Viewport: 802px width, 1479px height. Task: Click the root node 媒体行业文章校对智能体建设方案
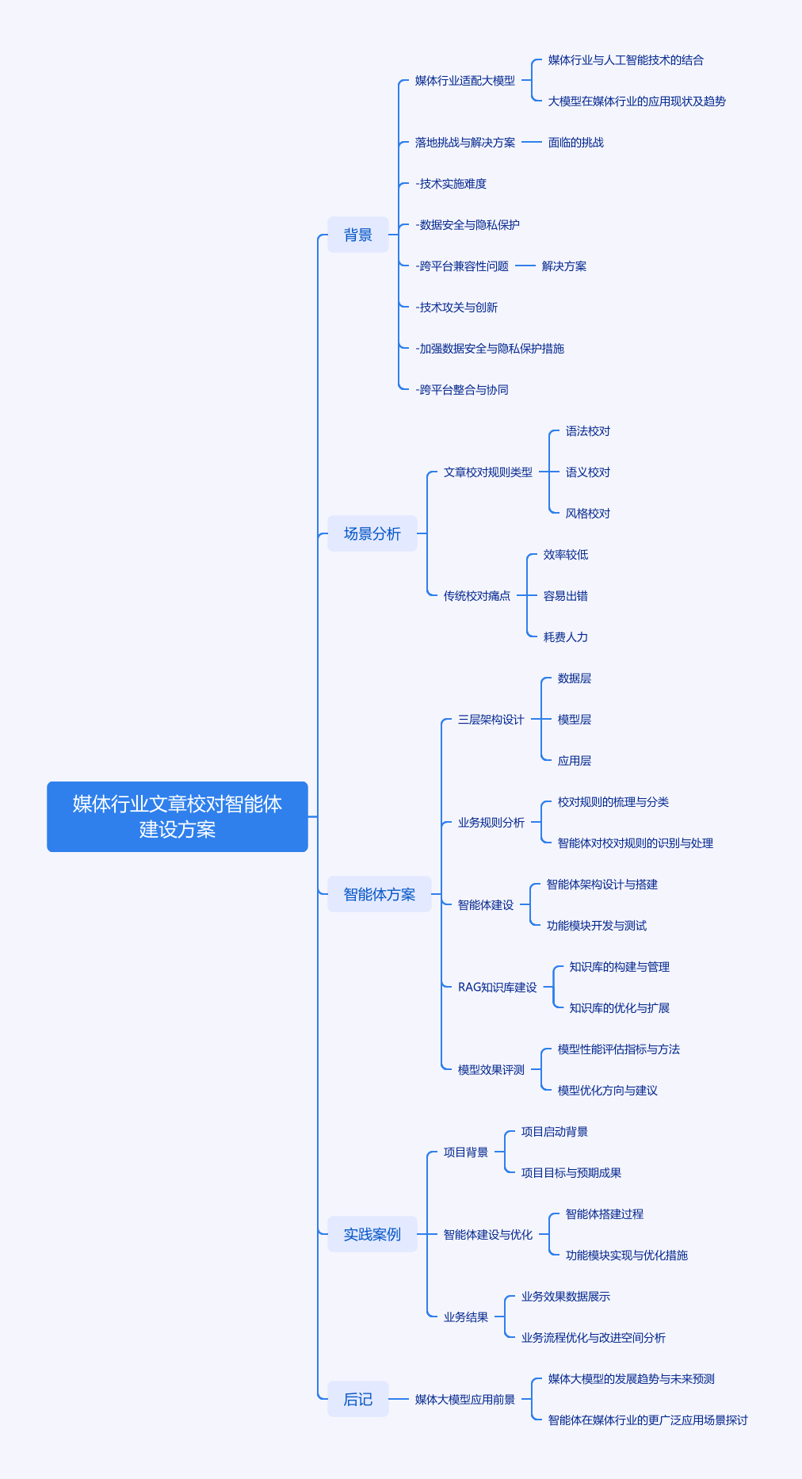(x=178, y=816)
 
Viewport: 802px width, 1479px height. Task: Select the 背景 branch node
(x=358, y=235)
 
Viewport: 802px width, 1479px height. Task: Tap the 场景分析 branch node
(x=372, y=533)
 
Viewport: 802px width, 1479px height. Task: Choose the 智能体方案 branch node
(x=379, y=894)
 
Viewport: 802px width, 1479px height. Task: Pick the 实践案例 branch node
(x=372, y=1234)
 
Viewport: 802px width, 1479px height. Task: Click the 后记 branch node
(x=358, y=1399)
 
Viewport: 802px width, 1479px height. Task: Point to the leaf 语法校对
(x=588, y=431)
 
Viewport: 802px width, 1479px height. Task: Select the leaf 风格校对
(x=588, y=514)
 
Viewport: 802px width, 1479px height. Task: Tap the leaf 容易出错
(x=566, y=596)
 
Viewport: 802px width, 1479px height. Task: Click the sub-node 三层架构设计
(x=491, y=720)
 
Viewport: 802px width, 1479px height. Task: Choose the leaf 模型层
(x=575, y=720)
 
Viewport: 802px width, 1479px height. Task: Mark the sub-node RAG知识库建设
(x=498, y=988)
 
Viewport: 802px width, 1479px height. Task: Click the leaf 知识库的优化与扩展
(x=620, y=1008)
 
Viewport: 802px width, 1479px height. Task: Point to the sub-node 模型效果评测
(x=491, y=1070)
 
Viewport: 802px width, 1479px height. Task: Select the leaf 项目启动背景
(x=555, y=1132)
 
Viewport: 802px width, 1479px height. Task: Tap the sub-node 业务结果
(x=466, y=1317)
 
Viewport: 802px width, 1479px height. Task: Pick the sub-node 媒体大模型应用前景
(x=465, y=1400)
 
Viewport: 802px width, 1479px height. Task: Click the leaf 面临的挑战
(x=576, y=143)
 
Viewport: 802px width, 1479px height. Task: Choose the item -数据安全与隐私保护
(x=468, y=225)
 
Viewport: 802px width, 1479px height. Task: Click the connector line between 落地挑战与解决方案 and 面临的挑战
(x=532, y=143)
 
